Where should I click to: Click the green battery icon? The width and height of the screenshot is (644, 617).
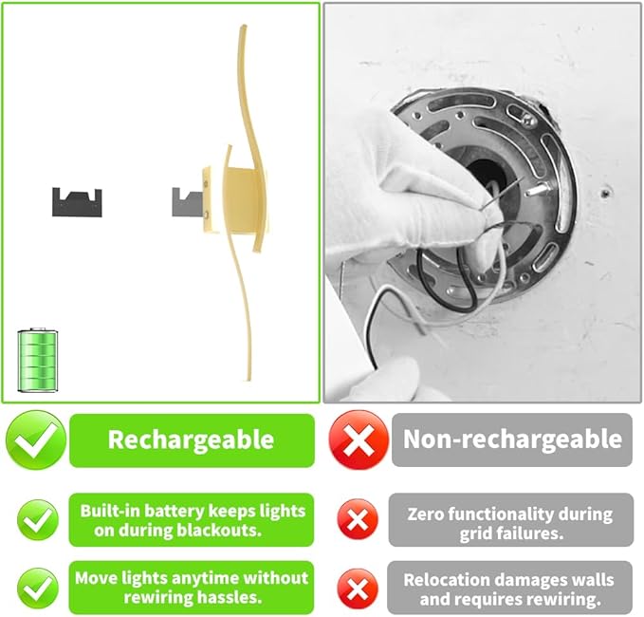38,361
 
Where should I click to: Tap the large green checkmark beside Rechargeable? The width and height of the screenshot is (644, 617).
36,439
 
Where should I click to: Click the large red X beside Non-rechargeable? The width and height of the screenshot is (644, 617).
358,439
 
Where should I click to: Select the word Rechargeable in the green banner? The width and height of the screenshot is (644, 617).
191,439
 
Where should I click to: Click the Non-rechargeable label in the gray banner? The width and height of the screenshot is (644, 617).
512,439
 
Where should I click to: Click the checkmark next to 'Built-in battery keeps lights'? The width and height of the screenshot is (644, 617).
37,519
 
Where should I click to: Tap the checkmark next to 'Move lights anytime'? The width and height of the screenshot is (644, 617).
37,588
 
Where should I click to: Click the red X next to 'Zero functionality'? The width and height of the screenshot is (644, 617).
358,519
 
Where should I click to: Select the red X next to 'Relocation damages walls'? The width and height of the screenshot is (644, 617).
358,589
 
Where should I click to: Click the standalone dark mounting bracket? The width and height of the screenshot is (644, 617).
77,200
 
